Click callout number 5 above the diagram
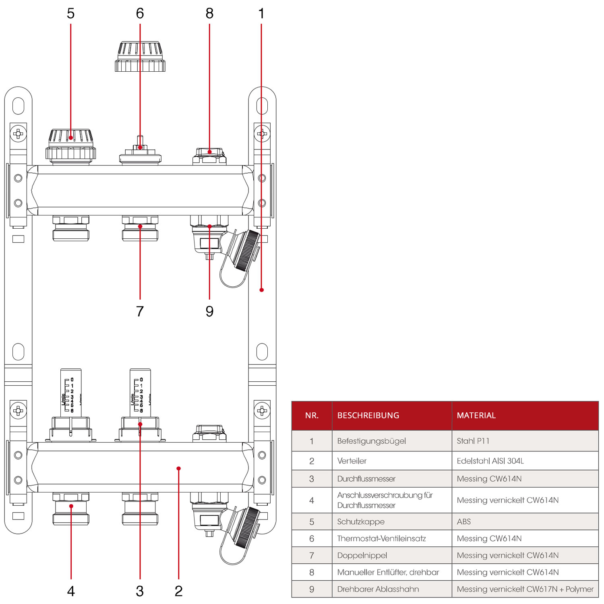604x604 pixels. [x=70, y=14]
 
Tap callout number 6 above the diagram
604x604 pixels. [x=140, y=14]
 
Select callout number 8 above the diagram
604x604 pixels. [x=209, y=14]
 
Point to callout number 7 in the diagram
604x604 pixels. [x=140, y=311]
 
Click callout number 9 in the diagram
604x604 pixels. [x=209, y=311]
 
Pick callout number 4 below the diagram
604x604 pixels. [x=71, y=591]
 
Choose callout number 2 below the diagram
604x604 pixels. [x=178, y=591]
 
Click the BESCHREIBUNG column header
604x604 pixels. [x=368, y=416]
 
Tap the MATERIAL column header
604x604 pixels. [x=476, y=416]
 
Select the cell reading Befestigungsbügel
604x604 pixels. [x=371, y=441]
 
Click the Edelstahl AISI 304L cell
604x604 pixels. [x=490, y=461]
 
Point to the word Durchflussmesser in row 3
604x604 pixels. [x=366, y=479]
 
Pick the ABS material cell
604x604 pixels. [x=463, y=521]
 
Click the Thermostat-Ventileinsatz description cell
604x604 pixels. [x=381, y=538]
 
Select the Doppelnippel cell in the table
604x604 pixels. [x=362, y=555]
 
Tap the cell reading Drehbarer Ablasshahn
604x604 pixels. [x=378, y=589]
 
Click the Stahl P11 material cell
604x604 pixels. [x=473, y=441]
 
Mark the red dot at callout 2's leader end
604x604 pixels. [x=178, y=468]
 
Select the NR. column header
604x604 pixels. [x=312, y=416]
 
